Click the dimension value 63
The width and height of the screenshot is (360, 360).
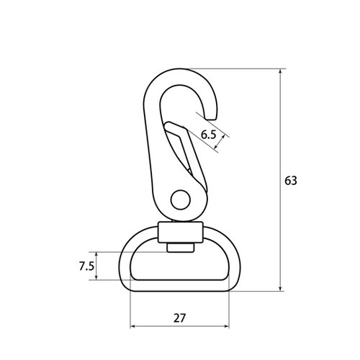[x=291, y=181]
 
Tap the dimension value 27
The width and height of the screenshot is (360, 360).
[x=179, y=318]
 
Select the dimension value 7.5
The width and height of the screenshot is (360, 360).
[x=86, y=266]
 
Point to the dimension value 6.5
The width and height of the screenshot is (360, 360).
[x=209, y=135]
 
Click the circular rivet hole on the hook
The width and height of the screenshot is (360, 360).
[x=181, y=199]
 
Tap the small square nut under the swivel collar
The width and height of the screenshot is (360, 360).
[x=181, y=248]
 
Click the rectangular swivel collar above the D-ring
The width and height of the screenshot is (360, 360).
[x=181, y=233]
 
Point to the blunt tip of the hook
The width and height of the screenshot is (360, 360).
[x=212, y=118]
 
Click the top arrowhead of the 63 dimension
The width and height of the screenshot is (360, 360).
[x=280, y=71]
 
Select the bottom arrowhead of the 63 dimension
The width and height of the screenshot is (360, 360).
[x=280, y=289]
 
